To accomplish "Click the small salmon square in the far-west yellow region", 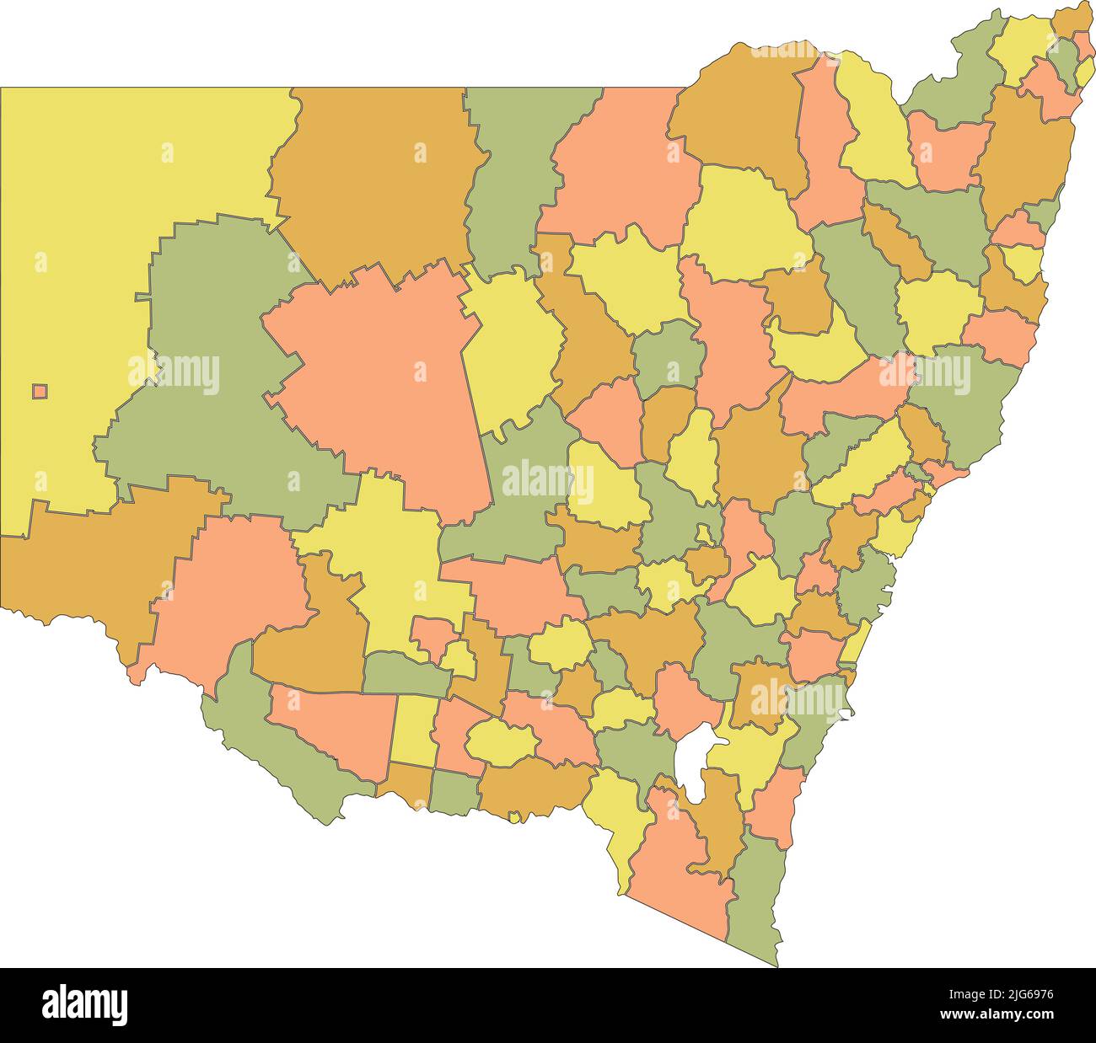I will pos(40,391).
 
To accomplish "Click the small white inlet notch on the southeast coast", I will pos(846,716).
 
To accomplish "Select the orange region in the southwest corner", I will pos(84,573).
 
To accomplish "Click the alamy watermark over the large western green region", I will pos(174,373).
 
